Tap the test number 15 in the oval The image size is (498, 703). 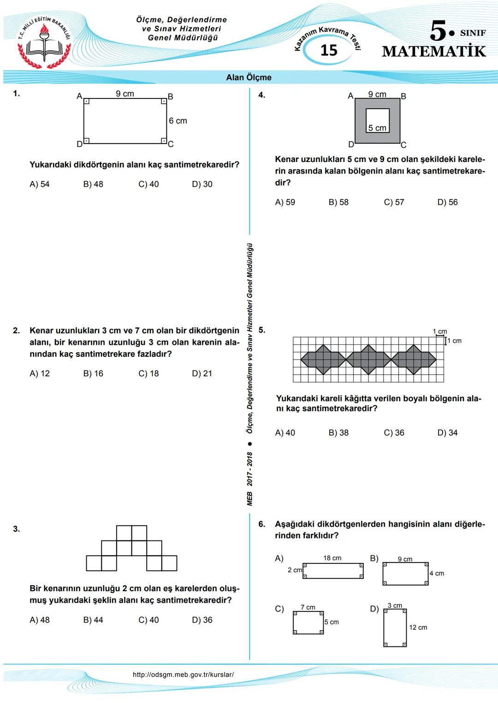pyautogui.click(x=329, y=50)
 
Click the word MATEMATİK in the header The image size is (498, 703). pyautogui.click(x=434, y=51)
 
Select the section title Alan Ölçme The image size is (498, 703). pyautogui.click(x=249, y=77)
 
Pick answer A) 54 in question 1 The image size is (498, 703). pyautogui.click(x=39, y=184)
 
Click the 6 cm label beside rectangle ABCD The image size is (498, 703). pyautogui.click(x=178, y=121)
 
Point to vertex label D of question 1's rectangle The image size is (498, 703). pyautogui.click(x=79, y=144)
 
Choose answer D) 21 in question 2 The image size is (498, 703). pyautogui.click(x=202, y=373)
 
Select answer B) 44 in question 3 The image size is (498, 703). pyautogui.click(x=93, y=620)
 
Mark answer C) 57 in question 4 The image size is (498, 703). pyautogui.click(x=394, y=202)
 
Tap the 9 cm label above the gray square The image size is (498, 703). pyautogui.click(x=377, y=94)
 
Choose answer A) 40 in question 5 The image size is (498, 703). pyautogui.click(x=285, y=433)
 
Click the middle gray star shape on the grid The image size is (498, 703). pyautogui.click(x=368, y=360)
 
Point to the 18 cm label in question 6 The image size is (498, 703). pyautogui.click(x=332, y=558)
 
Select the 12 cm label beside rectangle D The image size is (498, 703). pyautogui.click(x=418, y=627)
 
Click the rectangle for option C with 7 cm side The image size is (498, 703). pyautogui.click(x=308, y=623)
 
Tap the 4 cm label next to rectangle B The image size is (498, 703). pyautogui.click(x=437, y=574)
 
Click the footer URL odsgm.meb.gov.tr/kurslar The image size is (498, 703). pyautogui.click(x=183, y=675)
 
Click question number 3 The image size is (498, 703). pyautogui.click(x=17, y=529)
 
